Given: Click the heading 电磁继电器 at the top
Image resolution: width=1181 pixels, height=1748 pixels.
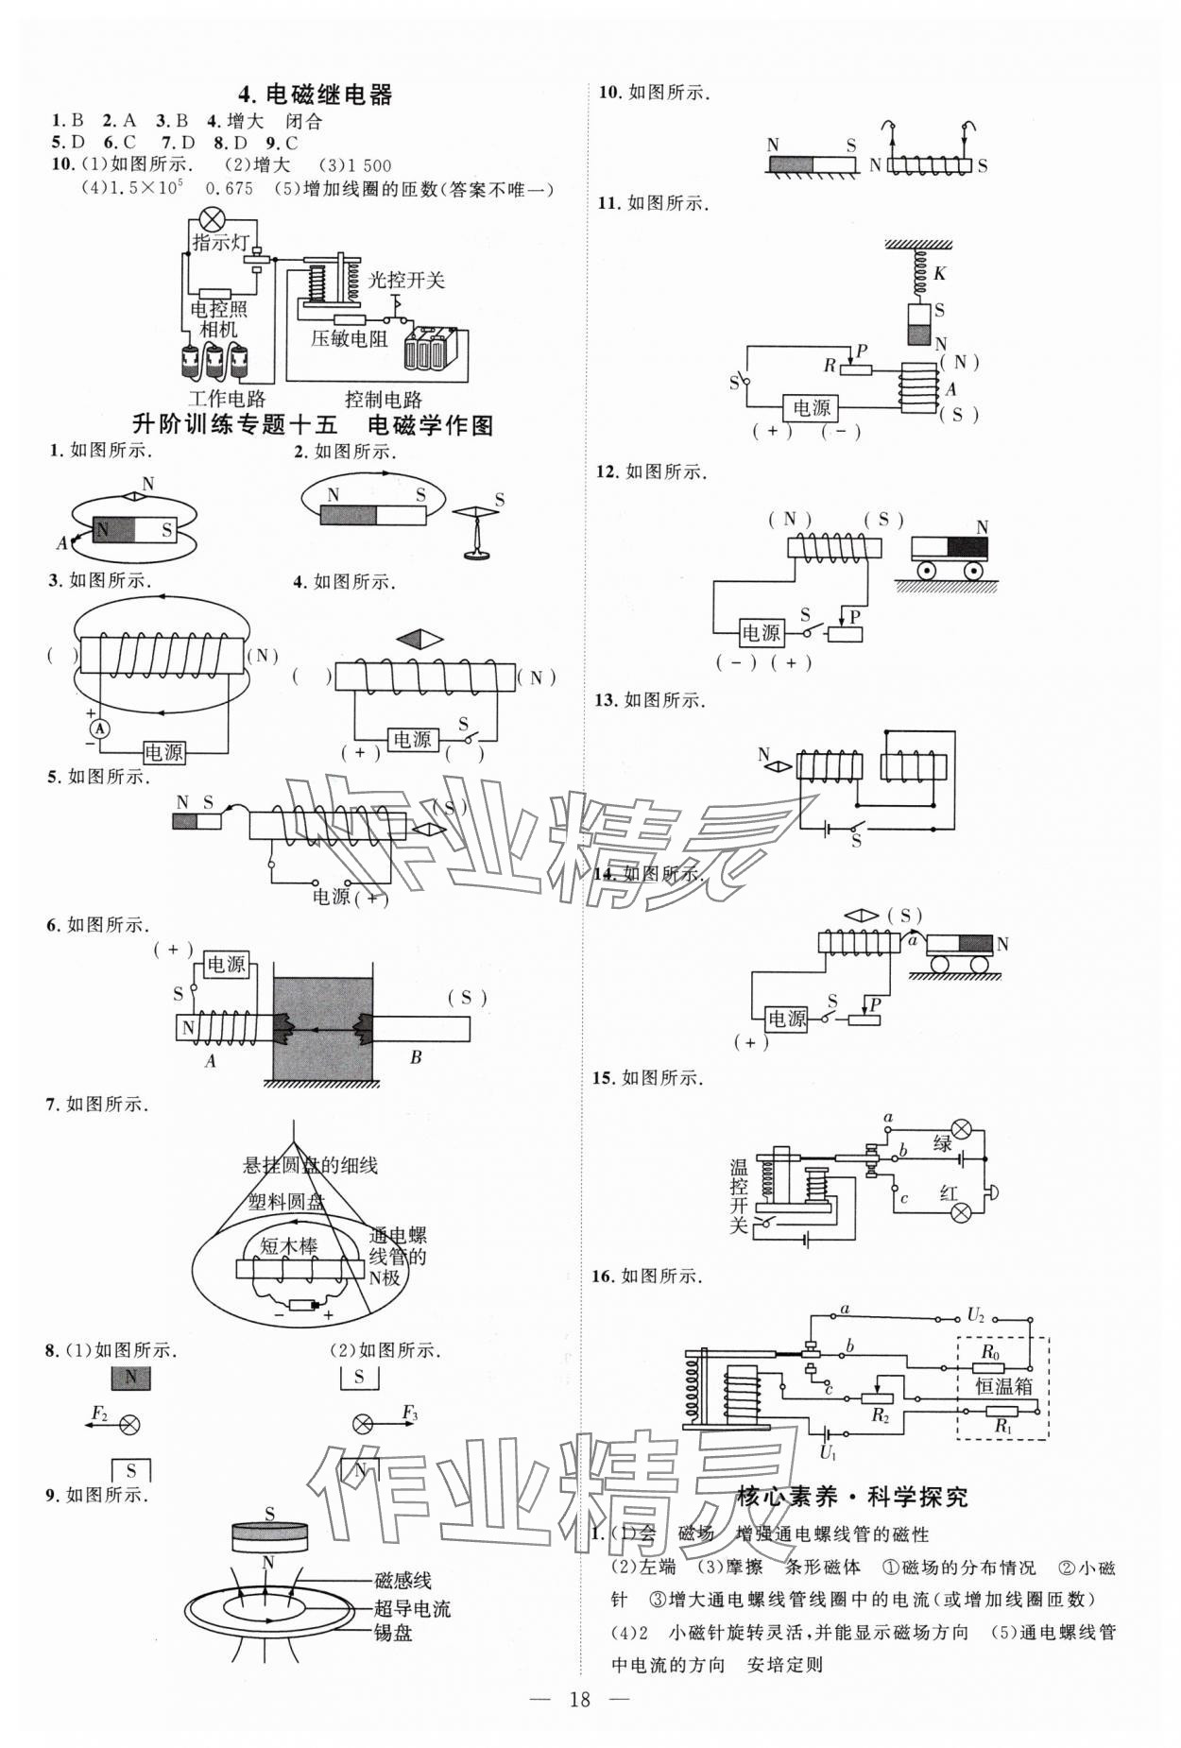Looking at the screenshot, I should coord(316,94).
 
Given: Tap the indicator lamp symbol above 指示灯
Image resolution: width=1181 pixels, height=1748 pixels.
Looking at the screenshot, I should coord(210,220).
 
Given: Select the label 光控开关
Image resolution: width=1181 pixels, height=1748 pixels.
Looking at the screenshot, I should coord(406,279).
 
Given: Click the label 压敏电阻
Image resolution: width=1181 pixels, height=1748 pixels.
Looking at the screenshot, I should coord(349,338).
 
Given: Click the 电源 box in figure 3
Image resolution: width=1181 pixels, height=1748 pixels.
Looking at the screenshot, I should coord(163,752).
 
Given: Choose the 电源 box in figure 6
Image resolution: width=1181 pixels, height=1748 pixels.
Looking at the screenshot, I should coord(226,964).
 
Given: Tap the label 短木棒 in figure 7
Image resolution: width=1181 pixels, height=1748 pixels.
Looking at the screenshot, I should coord(288,1246).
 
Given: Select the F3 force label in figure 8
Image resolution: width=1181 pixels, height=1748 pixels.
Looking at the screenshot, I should coord(409,1414).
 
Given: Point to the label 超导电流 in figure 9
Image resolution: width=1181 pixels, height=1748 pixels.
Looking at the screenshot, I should coord(412,1608).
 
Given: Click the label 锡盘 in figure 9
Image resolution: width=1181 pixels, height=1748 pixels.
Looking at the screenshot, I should coord(392,1633).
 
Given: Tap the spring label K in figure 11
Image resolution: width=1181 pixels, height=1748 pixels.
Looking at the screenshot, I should coord(939,273).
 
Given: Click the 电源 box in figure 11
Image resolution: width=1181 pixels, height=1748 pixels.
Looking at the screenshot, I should coord(811,408).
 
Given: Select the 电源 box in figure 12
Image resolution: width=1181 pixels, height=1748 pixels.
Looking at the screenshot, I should coord(761,633).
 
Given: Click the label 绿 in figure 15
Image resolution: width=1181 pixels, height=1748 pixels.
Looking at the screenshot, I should coord(942,1144).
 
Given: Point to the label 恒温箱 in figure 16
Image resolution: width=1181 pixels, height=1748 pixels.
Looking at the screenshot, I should coord(1003,1386).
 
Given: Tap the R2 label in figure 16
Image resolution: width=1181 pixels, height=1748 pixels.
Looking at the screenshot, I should coord(880,1414).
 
